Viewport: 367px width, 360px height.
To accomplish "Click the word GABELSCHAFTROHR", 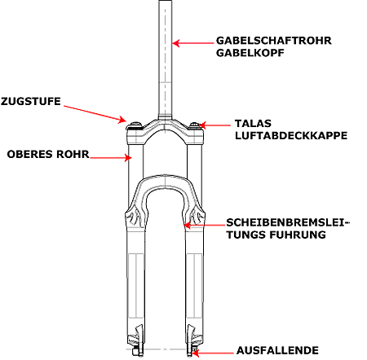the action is (274, 41).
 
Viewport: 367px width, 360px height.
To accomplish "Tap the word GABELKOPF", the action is (250, 53).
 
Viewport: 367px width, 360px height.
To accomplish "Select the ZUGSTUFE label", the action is (31, 102).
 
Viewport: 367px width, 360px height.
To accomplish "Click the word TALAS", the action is (253, 124).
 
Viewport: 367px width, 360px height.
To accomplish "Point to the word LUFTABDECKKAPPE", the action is (291, 135).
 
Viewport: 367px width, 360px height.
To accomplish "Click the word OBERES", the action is (30, 154).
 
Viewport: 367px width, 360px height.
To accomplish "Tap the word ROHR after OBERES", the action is (73, 154).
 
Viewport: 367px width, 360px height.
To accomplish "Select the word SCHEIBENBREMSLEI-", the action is (288, 222).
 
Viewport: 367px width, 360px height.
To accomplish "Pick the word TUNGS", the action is (246, 235).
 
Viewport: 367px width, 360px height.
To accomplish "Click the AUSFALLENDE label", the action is (277, 350).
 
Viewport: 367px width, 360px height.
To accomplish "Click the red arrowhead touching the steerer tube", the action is (175, 43).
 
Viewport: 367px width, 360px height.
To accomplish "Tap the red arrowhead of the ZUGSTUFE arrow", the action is (122, 120).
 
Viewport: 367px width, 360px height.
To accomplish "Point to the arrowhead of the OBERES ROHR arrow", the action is (128, 157).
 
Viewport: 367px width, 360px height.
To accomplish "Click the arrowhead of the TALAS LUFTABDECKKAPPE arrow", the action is (201, 125).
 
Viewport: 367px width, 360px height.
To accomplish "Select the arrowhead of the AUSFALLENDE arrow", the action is (195, 353).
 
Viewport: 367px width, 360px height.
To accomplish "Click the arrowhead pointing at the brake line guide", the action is (188, 225).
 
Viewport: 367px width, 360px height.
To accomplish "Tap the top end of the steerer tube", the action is (166, 1).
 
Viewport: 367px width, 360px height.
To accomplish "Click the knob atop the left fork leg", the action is (135, 125).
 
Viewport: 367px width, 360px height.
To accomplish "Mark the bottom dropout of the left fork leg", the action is (137, 351).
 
